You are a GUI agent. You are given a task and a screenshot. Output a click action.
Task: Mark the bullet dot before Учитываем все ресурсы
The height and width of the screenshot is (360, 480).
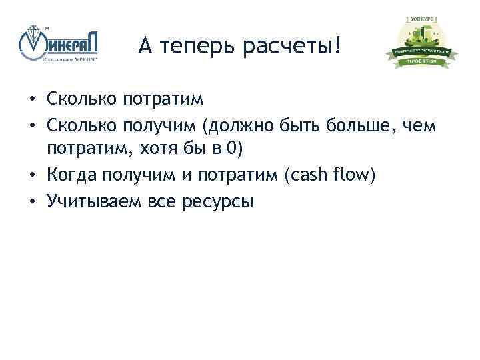[32, 201]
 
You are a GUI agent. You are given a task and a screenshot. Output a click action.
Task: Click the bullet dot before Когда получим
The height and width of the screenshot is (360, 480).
[32, 175]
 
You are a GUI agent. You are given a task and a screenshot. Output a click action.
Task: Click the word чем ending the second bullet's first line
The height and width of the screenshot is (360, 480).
[420, 123]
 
